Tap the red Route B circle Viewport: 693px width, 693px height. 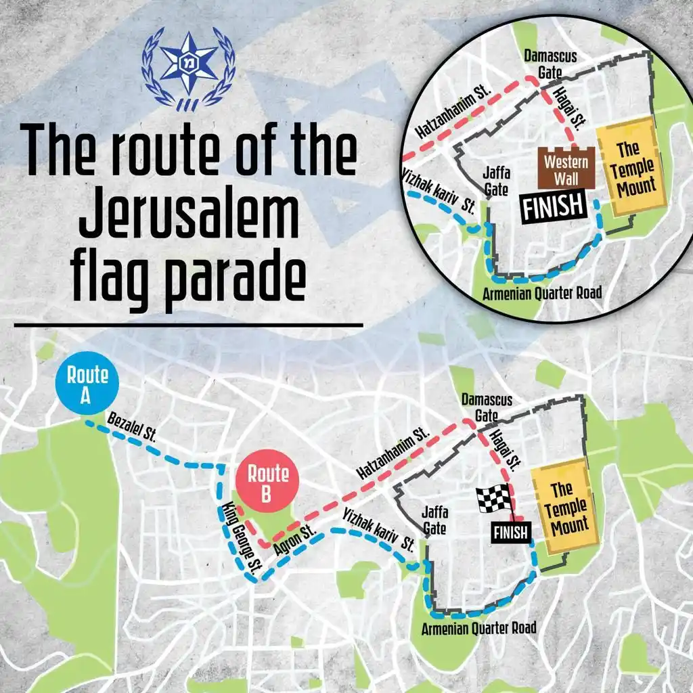267,483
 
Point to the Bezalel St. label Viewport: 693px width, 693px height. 131,428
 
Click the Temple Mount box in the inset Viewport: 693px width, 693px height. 627,166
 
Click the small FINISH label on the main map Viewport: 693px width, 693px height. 511,533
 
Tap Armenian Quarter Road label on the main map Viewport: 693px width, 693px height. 478,628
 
